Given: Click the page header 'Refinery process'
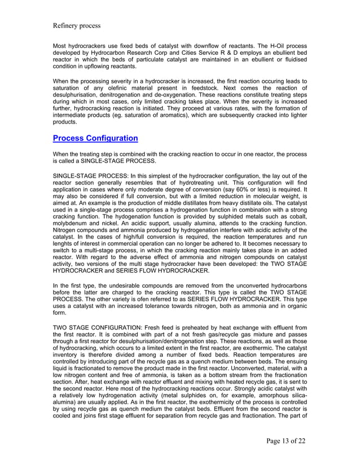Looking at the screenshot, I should coord(76,25).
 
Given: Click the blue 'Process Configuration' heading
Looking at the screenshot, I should coord(95,138).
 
